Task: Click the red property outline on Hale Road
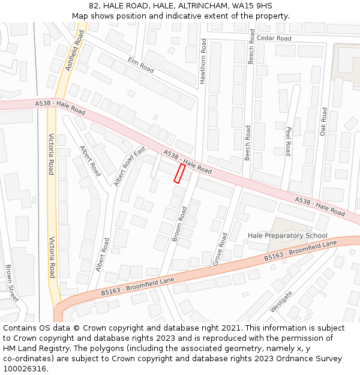pos(179,173)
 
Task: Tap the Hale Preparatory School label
pos(287,236)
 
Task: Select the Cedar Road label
pos(274,38)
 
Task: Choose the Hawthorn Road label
pos(203,61)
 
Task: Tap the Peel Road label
pos(288,141)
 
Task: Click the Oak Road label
pos(323,121)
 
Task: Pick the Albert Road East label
pos(130,166)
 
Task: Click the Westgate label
pos(281,301)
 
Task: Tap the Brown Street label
pos(11,283)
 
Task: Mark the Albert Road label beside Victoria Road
pos(91,161)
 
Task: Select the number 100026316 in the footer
pos(26,368)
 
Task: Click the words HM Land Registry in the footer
pos(34,348)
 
